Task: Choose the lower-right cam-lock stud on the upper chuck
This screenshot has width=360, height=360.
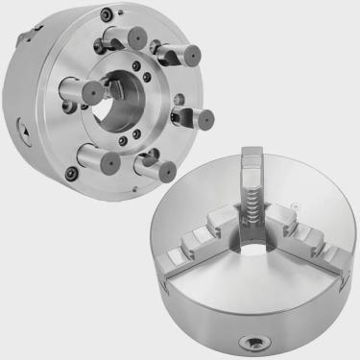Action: pos(152,165)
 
